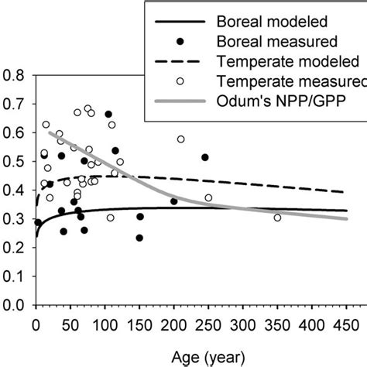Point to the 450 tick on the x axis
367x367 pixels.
347,322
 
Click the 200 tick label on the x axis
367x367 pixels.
174,322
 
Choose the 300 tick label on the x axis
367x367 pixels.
243,322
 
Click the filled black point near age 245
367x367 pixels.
205,157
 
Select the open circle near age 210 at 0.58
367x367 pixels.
181,139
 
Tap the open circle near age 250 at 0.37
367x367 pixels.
208,198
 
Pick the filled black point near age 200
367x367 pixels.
173,201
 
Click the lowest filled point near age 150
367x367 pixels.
139,238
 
